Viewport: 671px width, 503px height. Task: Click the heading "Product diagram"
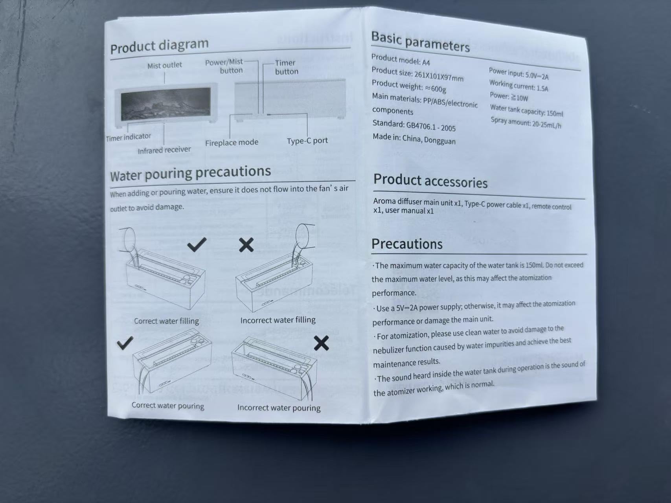pos(159,46)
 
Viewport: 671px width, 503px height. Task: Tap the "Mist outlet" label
pos(165,65)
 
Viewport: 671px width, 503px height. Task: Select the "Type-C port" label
pos(307,141)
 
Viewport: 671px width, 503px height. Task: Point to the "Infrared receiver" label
pos(164,150)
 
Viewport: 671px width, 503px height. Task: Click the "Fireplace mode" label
pos(232,142)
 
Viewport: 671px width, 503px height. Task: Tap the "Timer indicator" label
pos(129,137)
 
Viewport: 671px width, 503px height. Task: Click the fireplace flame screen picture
pos(165,104)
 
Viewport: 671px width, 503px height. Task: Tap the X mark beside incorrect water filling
pos(246,244)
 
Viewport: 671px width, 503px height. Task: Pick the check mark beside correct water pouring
pos(125,343)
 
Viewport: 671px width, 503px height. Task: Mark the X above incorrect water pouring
pos(321,343)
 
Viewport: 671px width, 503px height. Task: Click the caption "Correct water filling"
pos(167,321)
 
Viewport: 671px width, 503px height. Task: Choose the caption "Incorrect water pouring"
pos(279,408)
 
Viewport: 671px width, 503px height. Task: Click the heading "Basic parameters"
pos(420,42)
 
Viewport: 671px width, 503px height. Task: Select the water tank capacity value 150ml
pos(555,113)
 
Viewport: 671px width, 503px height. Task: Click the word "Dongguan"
pos(440,140)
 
